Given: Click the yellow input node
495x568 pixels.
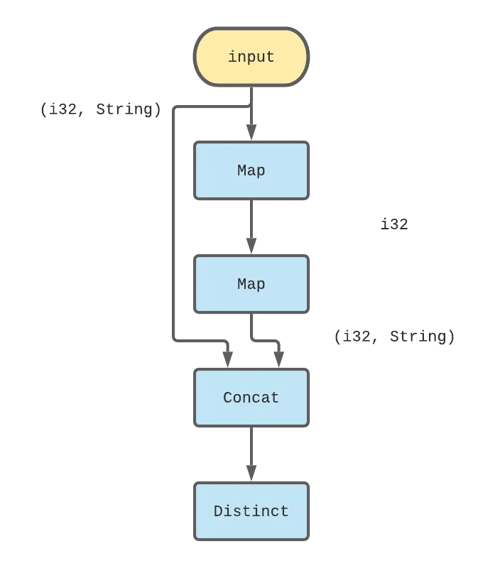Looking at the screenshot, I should [x=251, y=58].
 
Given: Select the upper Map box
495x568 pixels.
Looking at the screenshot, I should [x=251, y=170].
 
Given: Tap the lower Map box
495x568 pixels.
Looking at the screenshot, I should [x=251, y=284].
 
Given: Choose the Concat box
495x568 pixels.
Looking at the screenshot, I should [x=251, y=398].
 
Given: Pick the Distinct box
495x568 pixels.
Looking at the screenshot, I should [x=251, y=511].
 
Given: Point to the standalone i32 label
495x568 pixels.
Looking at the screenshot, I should [x=394, y=224].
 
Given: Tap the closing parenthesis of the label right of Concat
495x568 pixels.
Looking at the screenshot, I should [x=451, y=337].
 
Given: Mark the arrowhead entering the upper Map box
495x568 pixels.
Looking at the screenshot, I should [x=251, y=133].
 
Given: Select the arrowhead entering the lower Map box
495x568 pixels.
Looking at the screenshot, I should [x=251, y=246].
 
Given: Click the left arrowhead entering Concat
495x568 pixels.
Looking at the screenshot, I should [x=227, y=360].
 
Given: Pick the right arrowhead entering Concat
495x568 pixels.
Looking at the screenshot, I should [x=278, y=360].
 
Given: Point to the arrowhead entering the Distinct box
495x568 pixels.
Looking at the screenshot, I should [x=251, y=474].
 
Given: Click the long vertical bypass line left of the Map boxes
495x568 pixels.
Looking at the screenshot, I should [x=174, y=227].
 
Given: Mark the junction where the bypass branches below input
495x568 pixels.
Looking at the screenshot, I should [x=251, y=106].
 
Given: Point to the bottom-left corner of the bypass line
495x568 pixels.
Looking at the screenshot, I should [x=175, y=341].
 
